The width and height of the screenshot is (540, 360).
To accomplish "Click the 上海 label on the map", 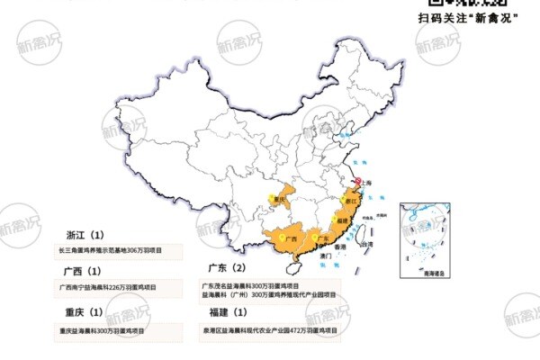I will coord(370,182).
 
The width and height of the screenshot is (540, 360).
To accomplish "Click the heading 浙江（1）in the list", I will coord(84,233).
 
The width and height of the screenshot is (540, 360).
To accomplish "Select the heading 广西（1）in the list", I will coord(84,271).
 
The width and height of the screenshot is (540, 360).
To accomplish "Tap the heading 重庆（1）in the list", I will coord(84,313).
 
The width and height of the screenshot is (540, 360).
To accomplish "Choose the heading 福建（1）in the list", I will coord(227,313).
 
